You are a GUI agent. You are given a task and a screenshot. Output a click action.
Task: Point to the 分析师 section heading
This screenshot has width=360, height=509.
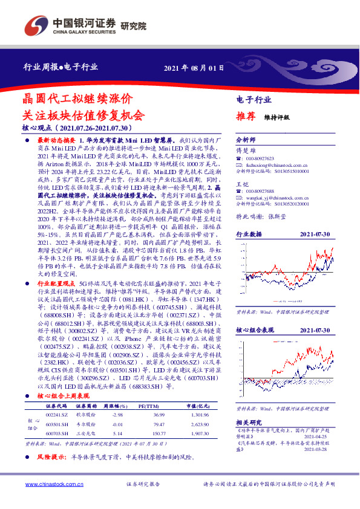pyautogui.click(x=246, y=140)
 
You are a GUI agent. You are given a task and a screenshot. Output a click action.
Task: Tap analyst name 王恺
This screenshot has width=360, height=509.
pyautogui.click(x=242, y=184)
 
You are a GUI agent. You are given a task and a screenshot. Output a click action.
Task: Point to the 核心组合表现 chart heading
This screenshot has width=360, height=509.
pyautogui.click(x=253, y=331)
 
